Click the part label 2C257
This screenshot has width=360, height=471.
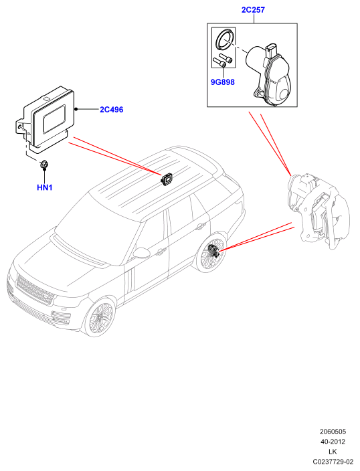coord(253,10)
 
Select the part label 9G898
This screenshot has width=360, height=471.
coord(222,82)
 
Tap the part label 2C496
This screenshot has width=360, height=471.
coord(112,110)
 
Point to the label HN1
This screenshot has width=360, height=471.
coord(44,187)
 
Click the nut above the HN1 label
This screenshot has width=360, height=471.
coord(44,165)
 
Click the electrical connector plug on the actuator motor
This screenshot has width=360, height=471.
coord(271,50)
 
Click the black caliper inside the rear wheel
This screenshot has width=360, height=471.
coord(213,251)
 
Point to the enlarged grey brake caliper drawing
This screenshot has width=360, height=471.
coord(318,210)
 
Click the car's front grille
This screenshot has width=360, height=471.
coord(35,290)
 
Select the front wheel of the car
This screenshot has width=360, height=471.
coord(99,318)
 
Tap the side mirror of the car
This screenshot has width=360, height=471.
coord(141,253)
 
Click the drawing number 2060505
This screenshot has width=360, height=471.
coord(333,432)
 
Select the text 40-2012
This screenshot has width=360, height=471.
coord(333,442)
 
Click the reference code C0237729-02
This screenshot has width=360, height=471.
coord(333,462)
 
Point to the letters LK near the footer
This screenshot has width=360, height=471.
coord(333,452)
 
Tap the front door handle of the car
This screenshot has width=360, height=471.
coord(161,250)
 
